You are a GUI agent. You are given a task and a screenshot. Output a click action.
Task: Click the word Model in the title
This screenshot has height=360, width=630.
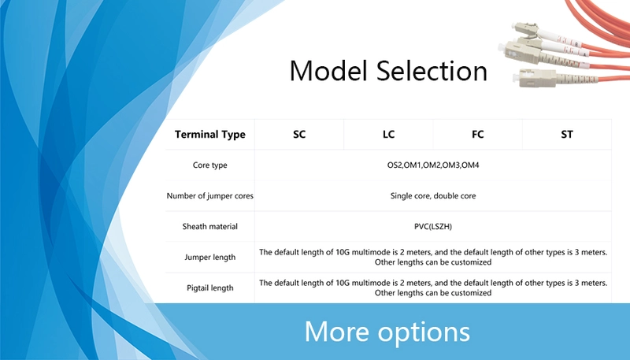tap(328, 71)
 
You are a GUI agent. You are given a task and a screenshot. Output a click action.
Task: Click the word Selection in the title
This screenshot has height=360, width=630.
tap(432, 71)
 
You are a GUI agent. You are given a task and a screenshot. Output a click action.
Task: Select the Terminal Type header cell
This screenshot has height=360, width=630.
tap(210, 134)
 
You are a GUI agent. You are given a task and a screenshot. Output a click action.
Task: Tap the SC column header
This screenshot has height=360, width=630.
tap(299, 134)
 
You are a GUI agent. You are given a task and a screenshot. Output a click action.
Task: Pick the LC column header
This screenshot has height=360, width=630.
tap(388, 134)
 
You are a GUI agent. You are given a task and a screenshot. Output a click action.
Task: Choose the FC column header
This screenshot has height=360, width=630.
tap(478, 134)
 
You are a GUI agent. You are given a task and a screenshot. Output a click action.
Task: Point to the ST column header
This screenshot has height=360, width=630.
tap(567, 134)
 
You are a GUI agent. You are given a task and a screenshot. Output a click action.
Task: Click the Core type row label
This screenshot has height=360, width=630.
tap(210, 165)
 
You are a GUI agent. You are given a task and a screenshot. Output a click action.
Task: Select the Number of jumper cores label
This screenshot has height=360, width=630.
tap(210, 195)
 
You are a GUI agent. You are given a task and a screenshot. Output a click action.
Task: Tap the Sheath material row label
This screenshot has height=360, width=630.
tap(210, 227)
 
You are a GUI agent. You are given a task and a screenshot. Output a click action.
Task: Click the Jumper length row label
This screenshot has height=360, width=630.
tap(210, 257)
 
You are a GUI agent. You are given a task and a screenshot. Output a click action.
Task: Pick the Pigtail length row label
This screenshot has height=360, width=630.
tap(210, 288)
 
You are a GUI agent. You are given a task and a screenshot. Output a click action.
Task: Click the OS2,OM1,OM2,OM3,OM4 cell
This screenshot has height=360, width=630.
tap(433, 165)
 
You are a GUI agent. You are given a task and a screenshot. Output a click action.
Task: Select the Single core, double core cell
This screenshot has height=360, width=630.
tap(433, 195)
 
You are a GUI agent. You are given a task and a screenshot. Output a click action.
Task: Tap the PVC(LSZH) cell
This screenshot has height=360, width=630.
tap(433, 227)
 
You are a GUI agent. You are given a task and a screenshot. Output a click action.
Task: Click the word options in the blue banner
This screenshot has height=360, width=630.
tap(424, 332)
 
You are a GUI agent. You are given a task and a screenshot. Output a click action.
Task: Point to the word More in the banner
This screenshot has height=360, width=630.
tap(337, 332)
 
